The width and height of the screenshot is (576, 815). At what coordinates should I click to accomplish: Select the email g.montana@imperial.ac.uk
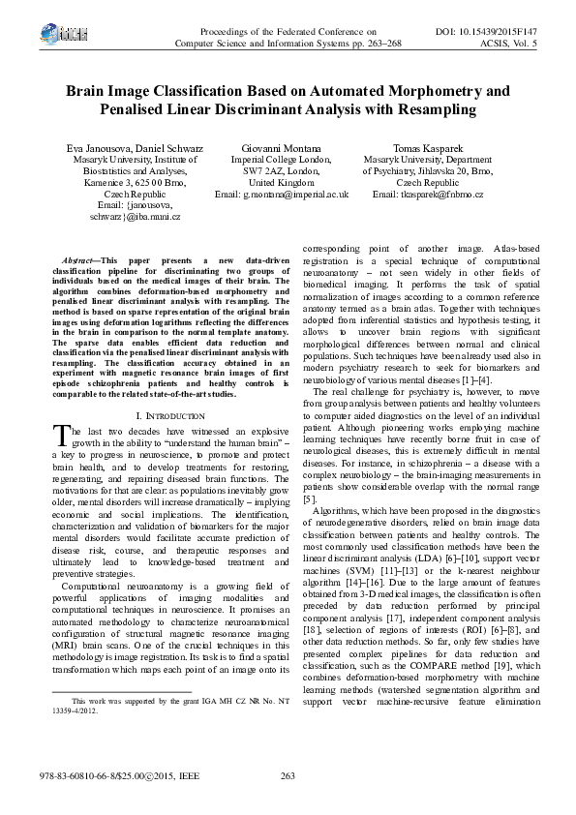click(282, 195)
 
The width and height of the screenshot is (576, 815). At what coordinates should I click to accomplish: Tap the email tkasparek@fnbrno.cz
click(427, 195)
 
